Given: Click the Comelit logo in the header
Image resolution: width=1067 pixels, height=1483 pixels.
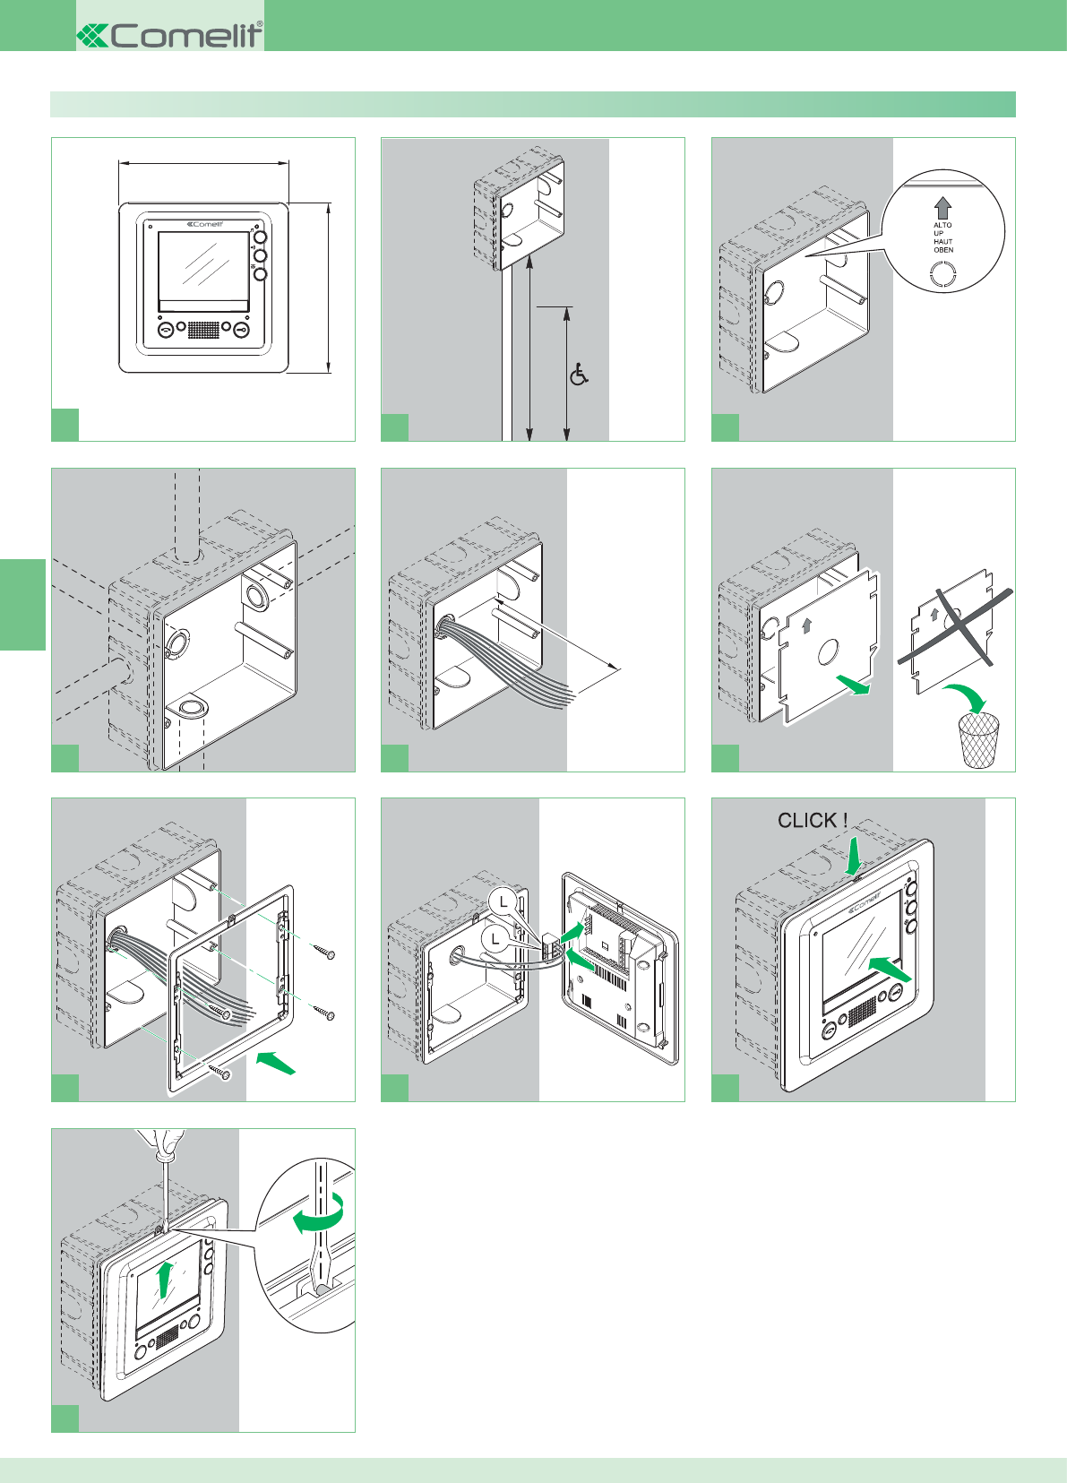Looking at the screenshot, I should point(170,35).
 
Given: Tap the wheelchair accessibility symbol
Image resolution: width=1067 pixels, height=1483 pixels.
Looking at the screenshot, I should point(579,375).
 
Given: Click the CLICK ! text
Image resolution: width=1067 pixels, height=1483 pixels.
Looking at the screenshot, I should point(812,820).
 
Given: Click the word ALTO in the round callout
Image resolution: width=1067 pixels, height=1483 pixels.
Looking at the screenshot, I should point(942,226).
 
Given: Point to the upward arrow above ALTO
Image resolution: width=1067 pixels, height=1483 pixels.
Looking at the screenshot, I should point(942,208).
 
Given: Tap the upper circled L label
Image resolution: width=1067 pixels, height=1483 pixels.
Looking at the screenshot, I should point(504,901).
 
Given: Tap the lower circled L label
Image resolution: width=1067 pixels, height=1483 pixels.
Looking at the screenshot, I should point(495,938).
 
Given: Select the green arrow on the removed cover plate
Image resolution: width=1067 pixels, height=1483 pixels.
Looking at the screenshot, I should point(853,685).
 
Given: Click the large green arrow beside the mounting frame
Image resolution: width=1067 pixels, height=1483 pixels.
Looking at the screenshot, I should point(276,1063).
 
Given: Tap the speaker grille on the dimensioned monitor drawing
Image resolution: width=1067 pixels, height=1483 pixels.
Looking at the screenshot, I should point(203,330).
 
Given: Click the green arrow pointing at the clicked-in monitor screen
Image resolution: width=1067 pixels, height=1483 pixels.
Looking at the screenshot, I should point(890,969).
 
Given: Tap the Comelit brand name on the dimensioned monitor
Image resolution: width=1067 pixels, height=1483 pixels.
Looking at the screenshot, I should point(205,225).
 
